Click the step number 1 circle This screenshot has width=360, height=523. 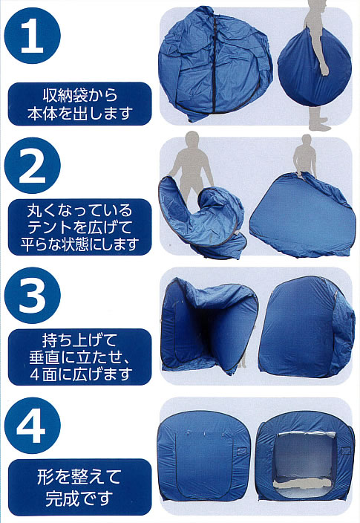[33, 36]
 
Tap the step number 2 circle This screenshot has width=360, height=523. [33, 166]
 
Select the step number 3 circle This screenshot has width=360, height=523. [33, 295]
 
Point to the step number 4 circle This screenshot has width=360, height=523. [33, 425]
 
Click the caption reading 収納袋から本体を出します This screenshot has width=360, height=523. [79, 104]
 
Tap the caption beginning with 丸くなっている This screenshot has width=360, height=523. [79, 227]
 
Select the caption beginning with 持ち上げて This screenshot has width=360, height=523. [79, 357]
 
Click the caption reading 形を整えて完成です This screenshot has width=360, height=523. [79, 487]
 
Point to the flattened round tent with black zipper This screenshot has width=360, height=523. [215, 63]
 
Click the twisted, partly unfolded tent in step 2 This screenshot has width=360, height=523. [203, 217]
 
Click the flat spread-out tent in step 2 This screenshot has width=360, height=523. [301, 217]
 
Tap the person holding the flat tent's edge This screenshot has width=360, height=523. [304, 154]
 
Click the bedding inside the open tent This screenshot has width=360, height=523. [305, 483]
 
